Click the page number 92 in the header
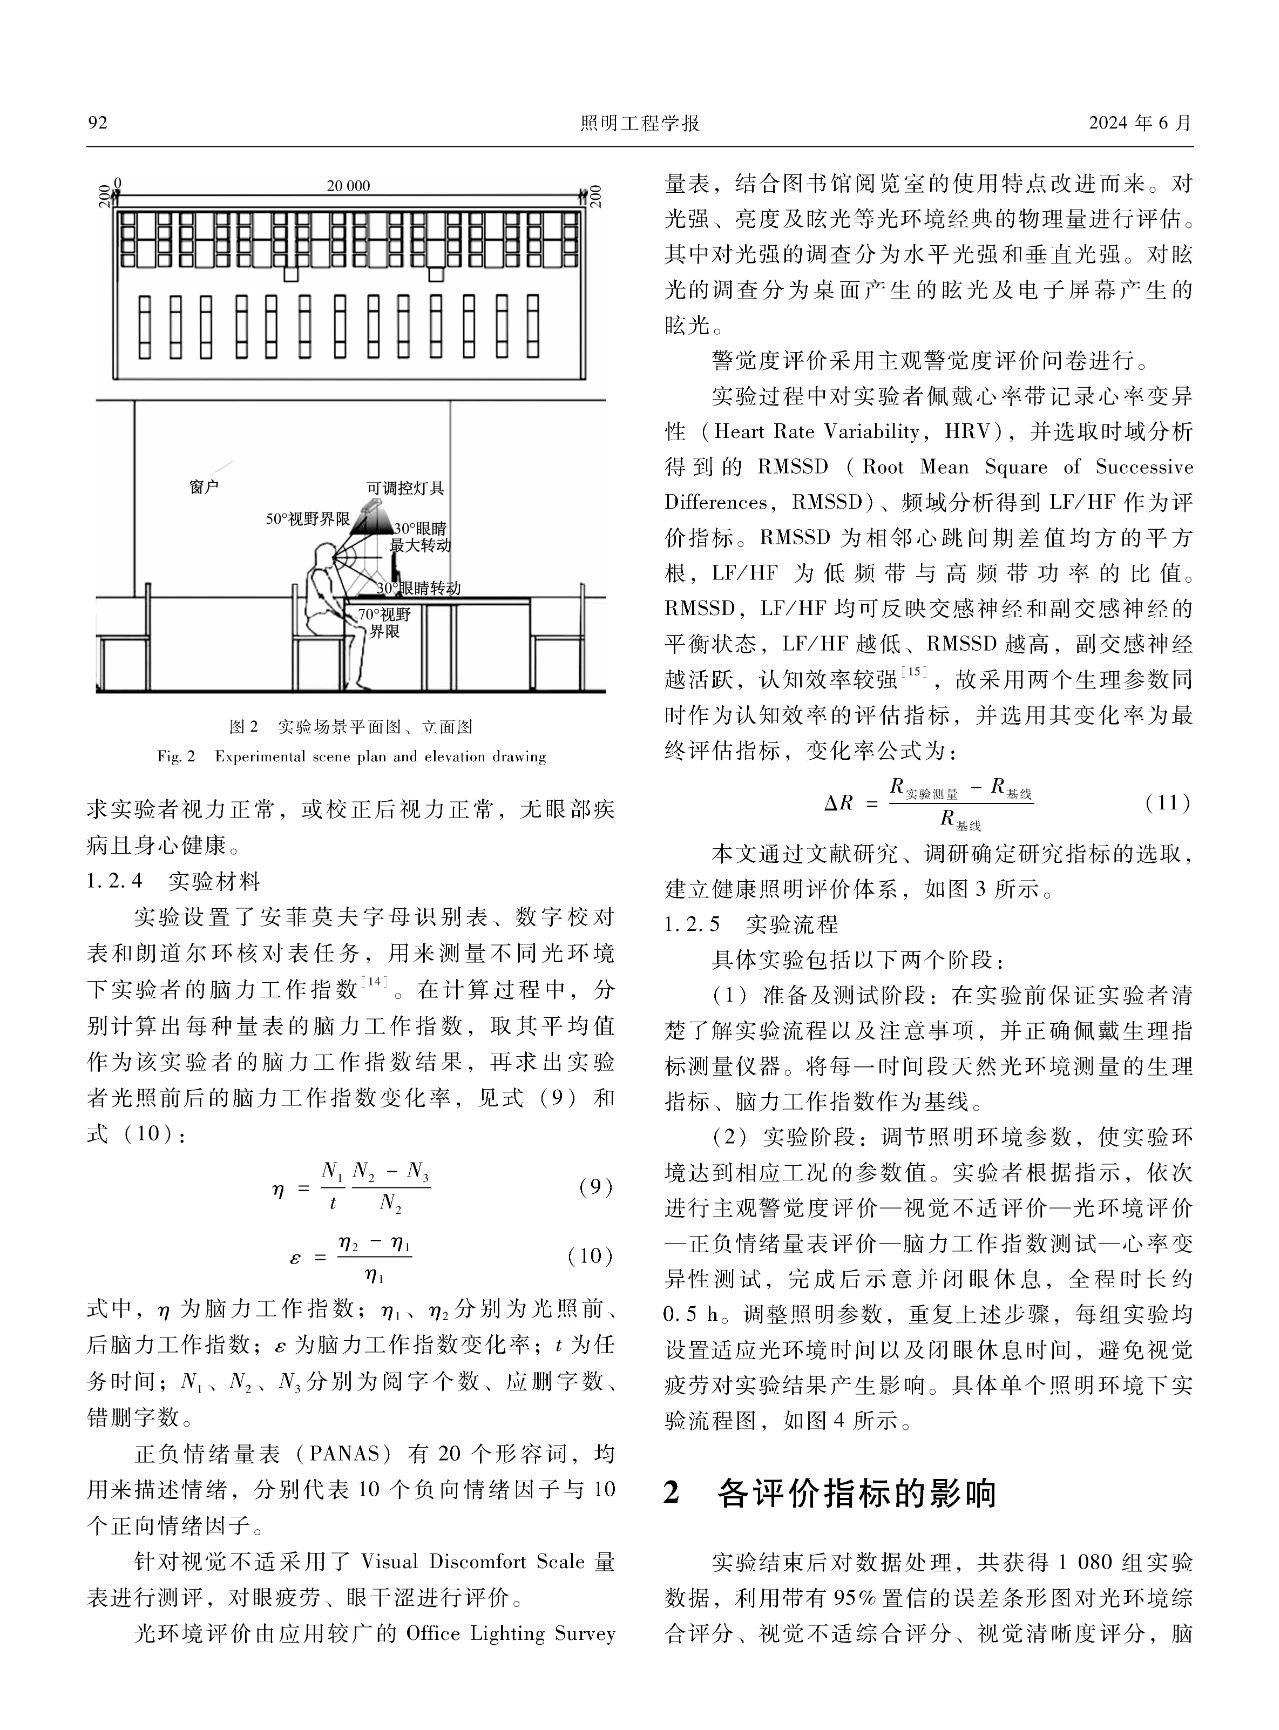[97, 123]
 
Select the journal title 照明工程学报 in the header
[639, 123]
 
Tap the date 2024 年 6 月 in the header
[1142, 123]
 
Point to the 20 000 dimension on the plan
[348, 186]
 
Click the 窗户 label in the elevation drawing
[204, 488]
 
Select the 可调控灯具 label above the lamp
[405, 489]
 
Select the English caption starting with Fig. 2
[351, 756]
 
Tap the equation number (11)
[1167, 802]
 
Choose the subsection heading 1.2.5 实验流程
[751, 924]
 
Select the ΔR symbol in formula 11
[838, 803]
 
